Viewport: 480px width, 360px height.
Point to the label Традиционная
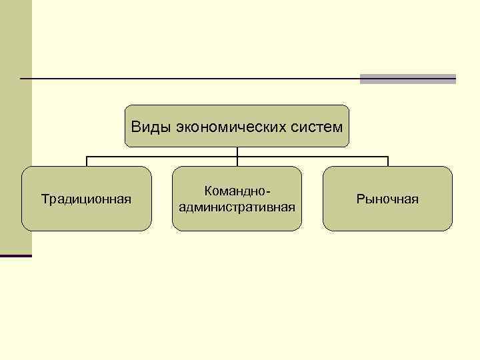[x=86, y=199]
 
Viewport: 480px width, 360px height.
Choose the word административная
[x=237, y=207]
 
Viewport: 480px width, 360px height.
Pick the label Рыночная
[x=387, y=199]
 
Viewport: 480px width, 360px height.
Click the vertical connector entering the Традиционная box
[x=87, y=161]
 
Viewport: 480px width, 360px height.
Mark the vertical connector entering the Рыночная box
[x=387, y=161]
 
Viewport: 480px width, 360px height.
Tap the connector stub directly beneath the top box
[x=237, y=151]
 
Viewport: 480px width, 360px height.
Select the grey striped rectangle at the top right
[x=407, y=79]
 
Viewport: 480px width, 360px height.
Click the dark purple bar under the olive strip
[x=16, y=255]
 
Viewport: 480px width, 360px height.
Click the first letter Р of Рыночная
[x=360, y=199]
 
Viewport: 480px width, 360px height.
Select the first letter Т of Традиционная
[x=45, y=199]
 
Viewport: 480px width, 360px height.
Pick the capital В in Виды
[x=135, y=126]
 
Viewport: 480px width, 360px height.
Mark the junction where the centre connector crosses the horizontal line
[x=237, y=157]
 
